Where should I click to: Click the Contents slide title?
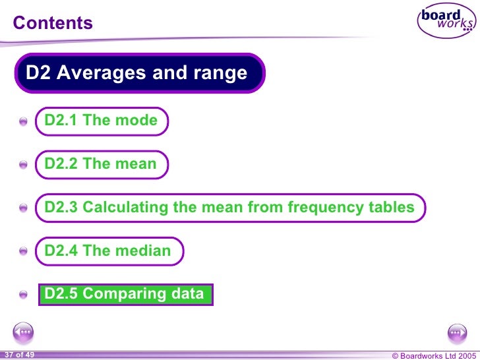(x=53, y=24)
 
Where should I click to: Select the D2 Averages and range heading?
(x=136, y=73)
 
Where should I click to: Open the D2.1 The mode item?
(x=101, y=121)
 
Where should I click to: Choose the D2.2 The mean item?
(x=101, y=164)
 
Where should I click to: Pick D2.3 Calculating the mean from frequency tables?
(x=229, y=208)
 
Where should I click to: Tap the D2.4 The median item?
(x=108, y=251)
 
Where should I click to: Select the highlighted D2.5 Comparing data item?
(x=125, y=294)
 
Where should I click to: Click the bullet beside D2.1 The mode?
(x=24, y=122)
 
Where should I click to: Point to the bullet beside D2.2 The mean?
(x=24, y=165)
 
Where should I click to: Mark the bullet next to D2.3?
(x=24, y=208)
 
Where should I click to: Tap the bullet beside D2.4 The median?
(x=24, y=252)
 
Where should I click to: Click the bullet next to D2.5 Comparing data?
(x=24, y=295)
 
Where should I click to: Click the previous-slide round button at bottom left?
(x=23, y=332)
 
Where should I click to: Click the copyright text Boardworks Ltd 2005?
(x=432, y=355)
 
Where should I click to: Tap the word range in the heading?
(x=223, y=73)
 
